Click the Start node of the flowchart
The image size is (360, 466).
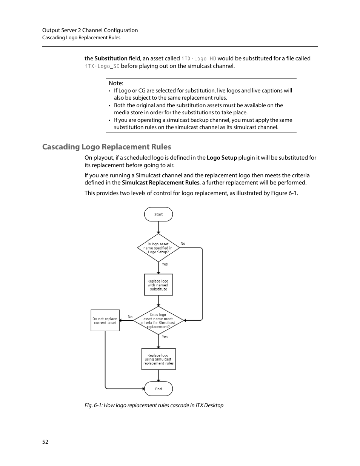(158, 214)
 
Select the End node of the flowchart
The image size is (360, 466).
(158, 389)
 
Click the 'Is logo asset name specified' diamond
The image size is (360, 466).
(158, 248)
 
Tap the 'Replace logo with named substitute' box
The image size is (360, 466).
(158, 285)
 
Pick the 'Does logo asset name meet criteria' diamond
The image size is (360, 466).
(158, 321)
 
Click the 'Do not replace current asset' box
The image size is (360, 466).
(105, 321)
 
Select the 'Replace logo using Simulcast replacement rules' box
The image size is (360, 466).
(158, 359)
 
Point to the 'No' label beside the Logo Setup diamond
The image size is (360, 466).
(183, 244)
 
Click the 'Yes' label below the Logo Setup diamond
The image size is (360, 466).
(165, 264)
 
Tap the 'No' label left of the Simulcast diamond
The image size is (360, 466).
(130, 317)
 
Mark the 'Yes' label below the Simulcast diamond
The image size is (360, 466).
(165, 337)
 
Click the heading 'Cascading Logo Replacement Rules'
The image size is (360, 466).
(106, 147)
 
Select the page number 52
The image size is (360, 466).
(45, 442)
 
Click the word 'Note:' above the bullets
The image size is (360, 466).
(116, 83)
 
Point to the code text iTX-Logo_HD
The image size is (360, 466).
(199, 58)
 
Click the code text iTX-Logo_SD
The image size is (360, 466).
(102, 66)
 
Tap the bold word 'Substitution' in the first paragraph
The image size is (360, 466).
(111, 58)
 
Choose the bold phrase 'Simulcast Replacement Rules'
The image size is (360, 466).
(160, 183)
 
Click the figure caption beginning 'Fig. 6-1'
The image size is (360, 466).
(154, 405)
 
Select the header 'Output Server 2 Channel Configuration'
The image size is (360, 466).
(90, 30)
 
